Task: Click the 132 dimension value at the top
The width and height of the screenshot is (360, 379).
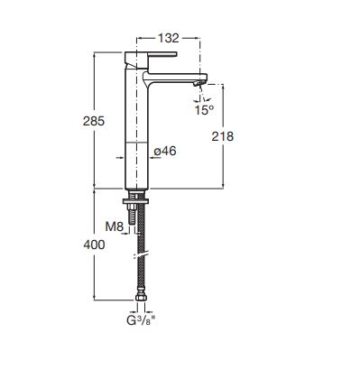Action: (x=169, y=38)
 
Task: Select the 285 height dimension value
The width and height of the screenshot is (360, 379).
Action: (x=94, y=121)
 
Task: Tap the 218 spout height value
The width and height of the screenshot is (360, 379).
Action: (x=223, y=136)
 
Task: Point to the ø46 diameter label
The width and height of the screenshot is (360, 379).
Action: (x=165, y=151)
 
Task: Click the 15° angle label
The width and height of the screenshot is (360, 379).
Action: (x=204, y=110)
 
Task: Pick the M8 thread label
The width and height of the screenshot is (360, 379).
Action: (x=115, y=226)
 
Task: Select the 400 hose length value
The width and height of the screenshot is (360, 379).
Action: (x=94, y=245)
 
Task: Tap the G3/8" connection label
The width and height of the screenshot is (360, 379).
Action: (x=141, y=320)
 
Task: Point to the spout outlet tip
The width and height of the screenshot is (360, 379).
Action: (x=199, y=83)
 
